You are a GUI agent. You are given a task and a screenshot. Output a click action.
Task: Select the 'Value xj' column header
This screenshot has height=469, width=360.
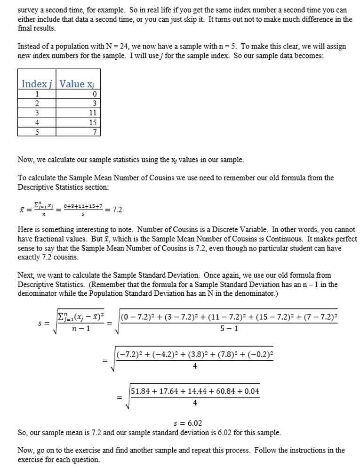79,84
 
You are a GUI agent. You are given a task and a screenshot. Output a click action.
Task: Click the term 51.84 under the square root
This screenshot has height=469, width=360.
141,391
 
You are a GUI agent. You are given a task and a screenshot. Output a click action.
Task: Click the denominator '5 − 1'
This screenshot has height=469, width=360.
229,328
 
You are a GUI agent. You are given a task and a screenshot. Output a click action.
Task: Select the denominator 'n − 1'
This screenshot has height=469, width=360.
81,329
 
